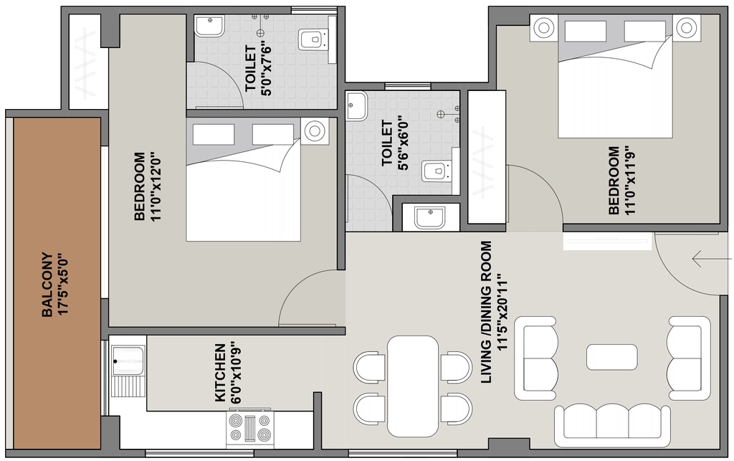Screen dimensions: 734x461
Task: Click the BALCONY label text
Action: click(x=47, y=285)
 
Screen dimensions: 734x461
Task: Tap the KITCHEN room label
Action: click(x=220, y=373)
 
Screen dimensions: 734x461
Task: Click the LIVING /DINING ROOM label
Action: click(x=487, y=312)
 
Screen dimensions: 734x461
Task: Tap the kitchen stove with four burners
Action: click(x=249, y=428)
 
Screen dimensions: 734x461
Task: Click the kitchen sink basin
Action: click(x=128, y=361)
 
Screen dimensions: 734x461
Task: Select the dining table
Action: click(x=413, y=386)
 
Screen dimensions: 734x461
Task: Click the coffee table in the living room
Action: click(x=611, y=357)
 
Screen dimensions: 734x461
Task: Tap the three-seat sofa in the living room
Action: click(x=612, y=426)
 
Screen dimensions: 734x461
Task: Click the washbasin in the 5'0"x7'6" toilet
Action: click(x=209, y=27)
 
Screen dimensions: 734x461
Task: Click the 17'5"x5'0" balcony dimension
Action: click(x=64, y=285)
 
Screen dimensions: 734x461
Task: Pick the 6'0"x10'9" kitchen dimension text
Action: click(x=236, y=373)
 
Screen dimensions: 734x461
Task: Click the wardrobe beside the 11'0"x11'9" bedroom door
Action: click(x=487, y=157)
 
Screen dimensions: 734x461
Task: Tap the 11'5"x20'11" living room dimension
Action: click(x=502, y=312)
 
